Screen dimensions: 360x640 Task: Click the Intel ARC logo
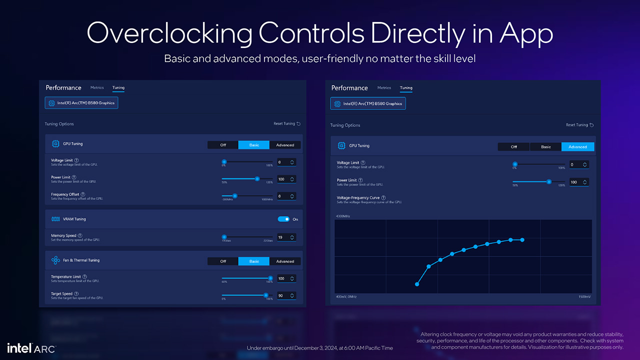pos(31,348)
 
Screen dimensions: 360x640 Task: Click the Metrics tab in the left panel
pos(97,87)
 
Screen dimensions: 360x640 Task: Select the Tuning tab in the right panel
pos(406,88)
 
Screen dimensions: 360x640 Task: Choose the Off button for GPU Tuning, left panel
pos(223,145)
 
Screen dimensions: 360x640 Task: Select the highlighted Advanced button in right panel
pos(577,146)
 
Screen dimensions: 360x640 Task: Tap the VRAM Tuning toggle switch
pos(283,219)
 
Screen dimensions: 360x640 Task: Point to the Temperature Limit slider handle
pos(270,278)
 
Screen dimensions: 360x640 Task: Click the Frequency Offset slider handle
pos(234,196)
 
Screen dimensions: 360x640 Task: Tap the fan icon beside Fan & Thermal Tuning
pos(55,260)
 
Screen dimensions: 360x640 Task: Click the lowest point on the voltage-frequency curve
pos(417,284)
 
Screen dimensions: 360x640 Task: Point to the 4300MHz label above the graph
pos(342,216)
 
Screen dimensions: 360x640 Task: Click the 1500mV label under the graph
pos(584,297)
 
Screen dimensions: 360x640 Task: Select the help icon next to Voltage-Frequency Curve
pos(383,198)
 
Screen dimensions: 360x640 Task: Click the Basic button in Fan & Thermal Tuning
pos(254,261)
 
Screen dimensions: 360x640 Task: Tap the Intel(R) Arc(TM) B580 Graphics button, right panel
pos(368,103)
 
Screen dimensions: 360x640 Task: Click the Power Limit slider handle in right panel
pos(548,182)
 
